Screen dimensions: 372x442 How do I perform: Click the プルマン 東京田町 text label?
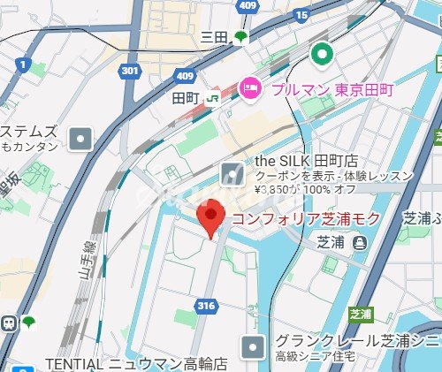click(331, 88)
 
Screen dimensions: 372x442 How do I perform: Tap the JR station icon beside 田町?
click(212, 98)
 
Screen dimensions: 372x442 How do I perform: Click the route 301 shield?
click(132, 70)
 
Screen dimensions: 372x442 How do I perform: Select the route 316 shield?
click(207, 306)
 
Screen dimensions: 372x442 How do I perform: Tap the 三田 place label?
click(215, 36)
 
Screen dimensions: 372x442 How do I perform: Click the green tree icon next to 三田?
click(240, 37)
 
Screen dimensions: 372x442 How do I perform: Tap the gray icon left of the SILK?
click(232, 173)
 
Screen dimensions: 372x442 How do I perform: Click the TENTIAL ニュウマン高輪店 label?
click(136, 363)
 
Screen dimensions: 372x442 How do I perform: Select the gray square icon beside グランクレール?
click(253, 345)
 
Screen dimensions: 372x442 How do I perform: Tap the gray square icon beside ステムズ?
click(81, 139)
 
